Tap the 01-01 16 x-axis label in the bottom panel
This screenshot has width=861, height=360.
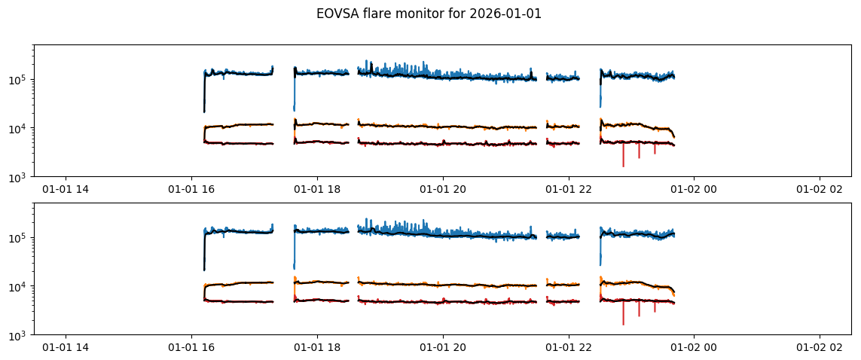(191, 348)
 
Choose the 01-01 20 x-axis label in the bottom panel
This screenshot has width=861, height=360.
(443, 348)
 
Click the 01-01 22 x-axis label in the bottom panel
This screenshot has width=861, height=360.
(568, 348)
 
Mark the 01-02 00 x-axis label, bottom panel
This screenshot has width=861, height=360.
(694, 348)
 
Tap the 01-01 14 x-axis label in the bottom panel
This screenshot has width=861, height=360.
(66, 348)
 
